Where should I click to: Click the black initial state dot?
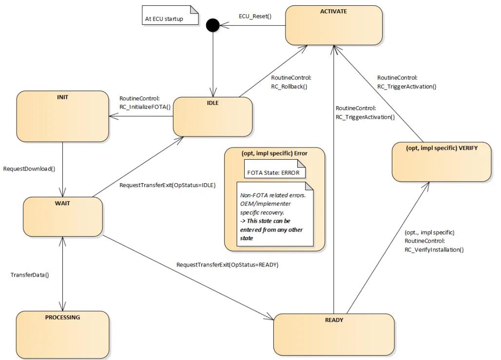click(x=213, y=25)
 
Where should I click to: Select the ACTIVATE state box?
click(x=333, y=25)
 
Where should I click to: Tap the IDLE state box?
click(x=212, y=117)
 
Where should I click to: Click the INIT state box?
click(x=62, y=116)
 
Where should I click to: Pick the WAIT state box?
click(x=63, y=216)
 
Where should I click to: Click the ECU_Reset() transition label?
click(x=254, y=16)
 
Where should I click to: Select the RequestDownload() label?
click(x=29, y=169)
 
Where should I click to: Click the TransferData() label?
click(x=30, y=275)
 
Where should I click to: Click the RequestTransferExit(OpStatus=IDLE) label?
click(x=167, y=185)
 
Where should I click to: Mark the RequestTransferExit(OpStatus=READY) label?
click(x=227, y=265)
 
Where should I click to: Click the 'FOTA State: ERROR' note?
click(x=275, y=172)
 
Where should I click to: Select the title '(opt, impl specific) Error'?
click(x=274, y=153)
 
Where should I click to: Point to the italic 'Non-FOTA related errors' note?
click(x=274, y=212)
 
